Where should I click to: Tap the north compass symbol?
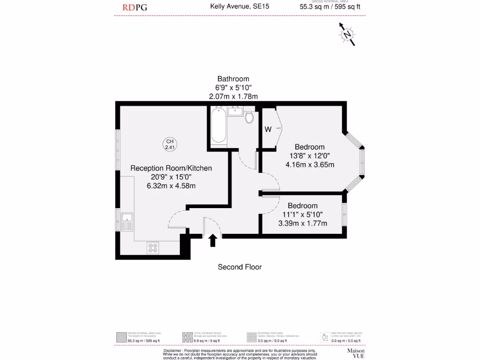coord(347,34)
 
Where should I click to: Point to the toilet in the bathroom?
coord(249,117)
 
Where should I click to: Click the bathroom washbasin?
coord(235,111)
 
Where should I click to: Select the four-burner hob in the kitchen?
coord(153,247)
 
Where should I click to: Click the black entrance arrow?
coord(212,240)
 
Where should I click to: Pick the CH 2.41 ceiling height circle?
coord(170,144)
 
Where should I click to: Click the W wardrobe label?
coord(268,130)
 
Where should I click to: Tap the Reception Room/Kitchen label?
coord(171,168)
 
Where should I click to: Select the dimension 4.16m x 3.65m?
coord(309,165)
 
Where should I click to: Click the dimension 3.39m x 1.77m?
coord(302,223)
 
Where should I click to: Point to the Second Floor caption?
coord(240,267)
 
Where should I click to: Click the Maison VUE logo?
coord(355,353)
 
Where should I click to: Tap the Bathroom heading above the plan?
coord(233,79)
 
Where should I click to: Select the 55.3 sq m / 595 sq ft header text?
coord(330,7)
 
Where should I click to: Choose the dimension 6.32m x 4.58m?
coord(171,186)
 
